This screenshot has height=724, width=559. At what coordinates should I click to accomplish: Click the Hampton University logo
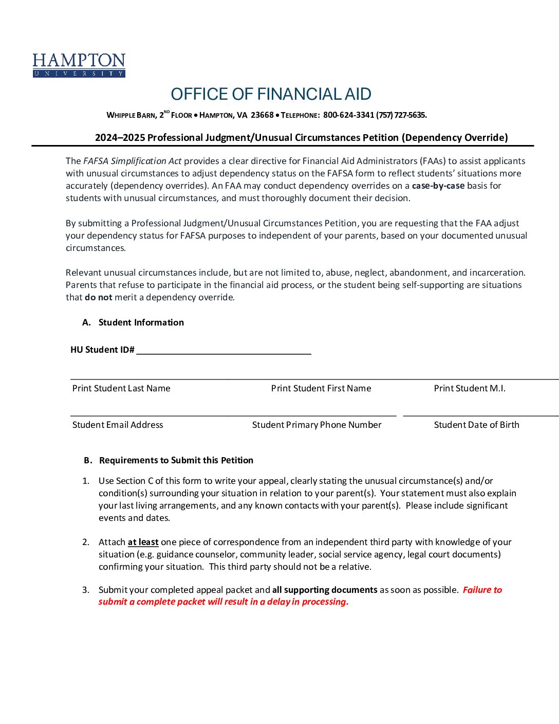[79, 65]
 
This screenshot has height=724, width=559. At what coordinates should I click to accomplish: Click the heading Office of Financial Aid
[271, 94]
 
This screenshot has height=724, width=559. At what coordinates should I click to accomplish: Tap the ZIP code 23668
[262, 115]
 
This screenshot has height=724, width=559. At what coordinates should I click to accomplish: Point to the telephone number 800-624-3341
[348, 115]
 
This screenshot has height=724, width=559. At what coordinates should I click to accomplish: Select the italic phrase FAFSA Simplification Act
[133, 161]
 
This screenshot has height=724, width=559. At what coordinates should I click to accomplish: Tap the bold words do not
[98, 297]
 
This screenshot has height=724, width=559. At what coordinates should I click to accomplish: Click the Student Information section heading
[141, 322]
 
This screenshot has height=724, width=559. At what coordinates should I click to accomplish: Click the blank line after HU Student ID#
[223, 350]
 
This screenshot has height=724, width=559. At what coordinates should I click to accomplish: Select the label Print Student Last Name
[121, 388]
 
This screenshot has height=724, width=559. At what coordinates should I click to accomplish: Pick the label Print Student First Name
[321, 388]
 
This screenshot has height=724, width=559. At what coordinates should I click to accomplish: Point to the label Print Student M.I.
[470, 388]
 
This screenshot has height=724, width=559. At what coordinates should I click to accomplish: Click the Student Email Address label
[118, 425]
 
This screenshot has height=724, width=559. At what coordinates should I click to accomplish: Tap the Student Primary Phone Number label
[316, 425]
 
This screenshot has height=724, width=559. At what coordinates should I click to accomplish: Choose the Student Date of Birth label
[476, 425]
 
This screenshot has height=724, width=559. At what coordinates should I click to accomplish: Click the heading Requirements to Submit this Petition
[176, 460]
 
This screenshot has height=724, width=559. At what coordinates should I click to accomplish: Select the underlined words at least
[143, 542]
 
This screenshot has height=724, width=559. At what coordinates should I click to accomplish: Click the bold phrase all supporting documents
[325, 590]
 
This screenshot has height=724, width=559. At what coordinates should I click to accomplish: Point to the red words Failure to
[482, 590]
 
